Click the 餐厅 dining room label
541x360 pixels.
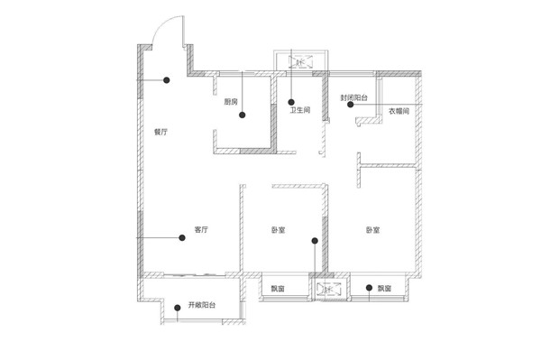[x=160, y=132]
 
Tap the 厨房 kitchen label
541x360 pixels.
[x=231, y=101]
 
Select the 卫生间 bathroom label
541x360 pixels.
[x=300, y=110]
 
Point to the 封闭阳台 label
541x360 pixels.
[x=354, y=97]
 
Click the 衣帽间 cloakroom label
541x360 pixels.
[x=399, y=111]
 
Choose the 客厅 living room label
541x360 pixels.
[x=201, y=229]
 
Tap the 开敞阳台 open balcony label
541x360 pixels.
[x=202, y=305]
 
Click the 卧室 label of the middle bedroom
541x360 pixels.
[x=279, y=230]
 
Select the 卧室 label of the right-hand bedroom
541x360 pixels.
[x=373, y=230]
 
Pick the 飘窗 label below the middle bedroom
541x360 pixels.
[x=278, y=289]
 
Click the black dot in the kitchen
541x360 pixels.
[x=243, y=115]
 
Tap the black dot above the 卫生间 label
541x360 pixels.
[x=291, y=102]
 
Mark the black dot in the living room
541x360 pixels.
[x=182, y=238]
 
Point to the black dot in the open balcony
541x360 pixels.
[x=178, y=308]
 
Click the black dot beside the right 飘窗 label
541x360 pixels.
[x=369, y=288]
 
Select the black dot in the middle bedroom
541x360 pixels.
[x=315, y=241]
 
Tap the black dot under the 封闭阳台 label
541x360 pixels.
[x=351, y=105]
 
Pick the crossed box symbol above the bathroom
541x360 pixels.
[x=301, y=61]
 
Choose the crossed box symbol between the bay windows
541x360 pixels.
[x=329, y=290]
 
